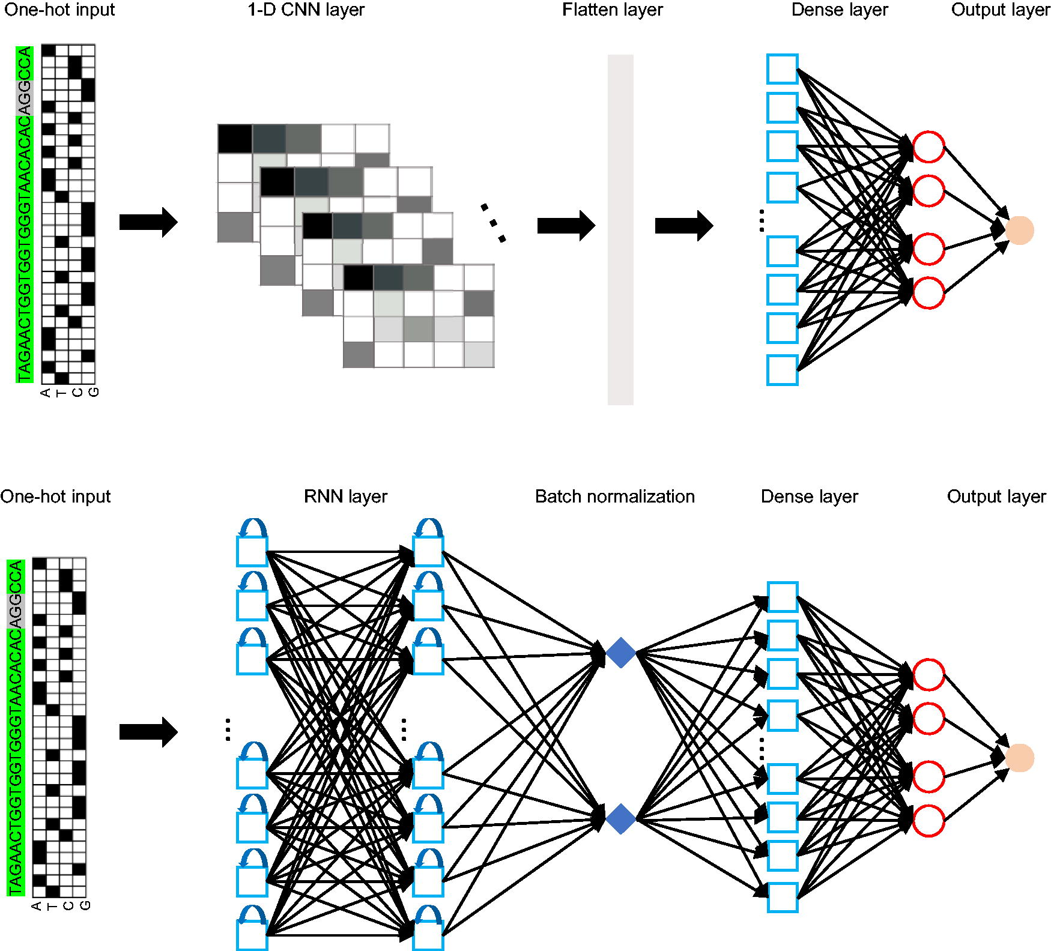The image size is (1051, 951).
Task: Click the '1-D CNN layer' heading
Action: click(x=306, y=10)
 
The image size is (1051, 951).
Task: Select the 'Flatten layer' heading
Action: click(x=612, y=10)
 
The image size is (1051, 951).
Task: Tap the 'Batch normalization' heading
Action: click(x=614, y=497)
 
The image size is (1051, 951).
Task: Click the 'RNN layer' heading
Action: click(x=345, y=497)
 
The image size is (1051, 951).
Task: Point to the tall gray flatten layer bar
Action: click(x=620, y=230)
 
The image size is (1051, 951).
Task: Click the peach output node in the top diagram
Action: click(x=1019, y=230)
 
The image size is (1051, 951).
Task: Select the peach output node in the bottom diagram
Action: click(x=1019, y=758)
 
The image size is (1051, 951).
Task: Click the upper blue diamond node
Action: click(x=620, y=653)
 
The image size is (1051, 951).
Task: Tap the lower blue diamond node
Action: click(x=620, y=819)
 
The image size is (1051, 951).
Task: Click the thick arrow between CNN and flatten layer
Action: click(x=566, y=226)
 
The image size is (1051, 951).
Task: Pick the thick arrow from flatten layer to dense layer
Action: click(x=684, y=226)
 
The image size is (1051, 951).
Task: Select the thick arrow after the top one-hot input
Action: click(x=148, y=222)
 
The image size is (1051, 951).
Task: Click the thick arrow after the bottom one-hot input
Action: click(x=148, y=732)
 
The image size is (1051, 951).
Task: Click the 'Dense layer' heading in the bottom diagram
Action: click(x=809, y=497)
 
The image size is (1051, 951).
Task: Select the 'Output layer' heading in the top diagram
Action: click(x=1001, y=10)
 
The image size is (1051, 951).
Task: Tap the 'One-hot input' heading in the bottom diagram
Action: click(x=55, y=497)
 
